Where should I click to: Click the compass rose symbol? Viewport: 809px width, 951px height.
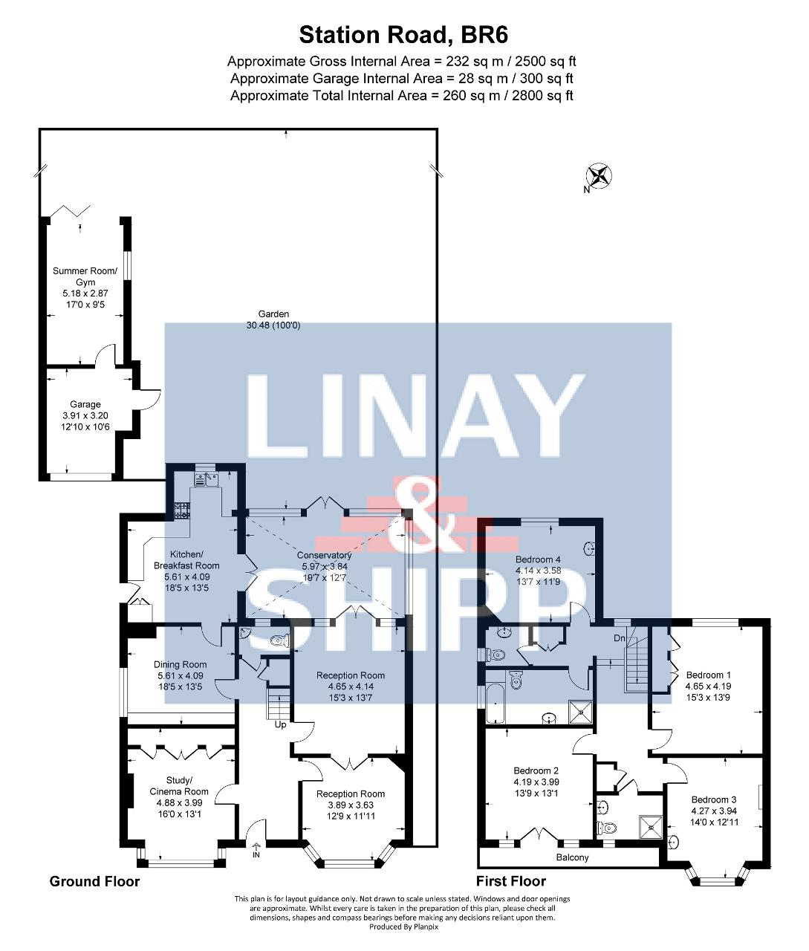(598, 176)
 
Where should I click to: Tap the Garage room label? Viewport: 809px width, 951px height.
(85, 404)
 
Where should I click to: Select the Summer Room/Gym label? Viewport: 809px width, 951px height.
(85, 276)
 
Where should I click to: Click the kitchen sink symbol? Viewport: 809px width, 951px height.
(207, 480)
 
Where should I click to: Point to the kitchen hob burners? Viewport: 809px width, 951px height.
(182, 510)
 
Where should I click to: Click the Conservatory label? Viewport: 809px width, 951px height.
(324, 555)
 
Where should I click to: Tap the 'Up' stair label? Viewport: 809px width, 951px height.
(280, 724)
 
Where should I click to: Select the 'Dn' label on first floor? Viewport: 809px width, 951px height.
(619, 638)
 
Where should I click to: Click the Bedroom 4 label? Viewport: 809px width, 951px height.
(538, 559)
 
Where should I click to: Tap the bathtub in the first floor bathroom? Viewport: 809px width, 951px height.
(496, 704)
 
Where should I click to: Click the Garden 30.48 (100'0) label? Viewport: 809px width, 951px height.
(273, 319)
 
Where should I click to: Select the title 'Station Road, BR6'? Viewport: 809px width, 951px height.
(403, 35)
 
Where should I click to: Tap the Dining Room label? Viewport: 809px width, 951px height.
(180, 664)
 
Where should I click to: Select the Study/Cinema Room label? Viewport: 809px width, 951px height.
(179, 786)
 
